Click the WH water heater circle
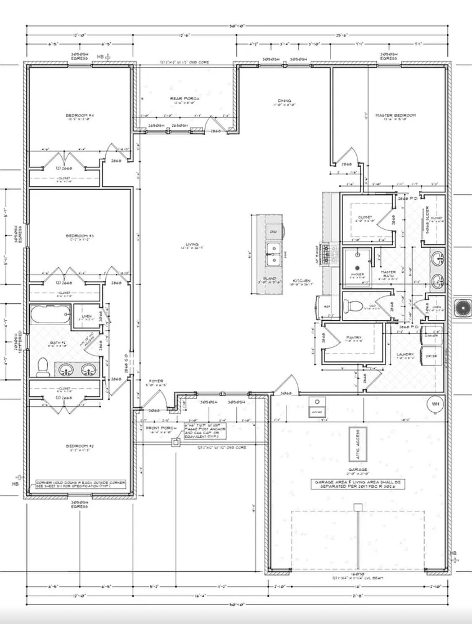coord(435,404)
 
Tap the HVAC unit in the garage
coord(316,407)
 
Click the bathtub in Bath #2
coord(50,314)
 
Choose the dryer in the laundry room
coord(431,356)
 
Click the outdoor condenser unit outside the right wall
coord(462,308)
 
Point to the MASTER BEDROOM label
coord(395,115)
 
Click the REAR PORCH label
coord(185,99)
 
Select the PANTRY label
coord(354,338)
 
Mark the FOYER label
coord(156,381)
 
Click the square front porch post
coord(176,442)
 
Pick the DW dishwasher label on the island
coord(273,232)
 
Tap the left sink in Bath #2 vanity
coord(66,370)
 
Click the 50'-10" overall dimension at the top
coord(237,26)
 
